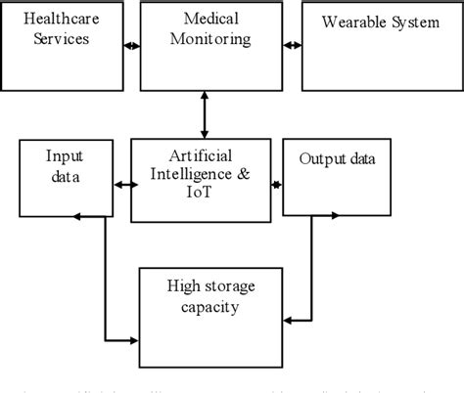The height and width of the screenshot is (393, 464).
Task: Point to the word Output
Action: pyautogui.click(x=315, y=159)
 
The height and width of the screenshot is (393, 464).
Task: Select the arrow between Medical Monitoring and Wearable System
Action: pyautogui.click(x=291, y=45)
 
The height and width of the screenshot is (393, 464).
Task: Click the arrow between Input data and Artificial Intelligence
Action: pyautogui.click(x=123, y=184)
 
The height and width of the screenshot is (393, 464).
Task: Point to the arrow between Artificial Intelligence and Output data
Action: pyautogui.click(x=277, y=184)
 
